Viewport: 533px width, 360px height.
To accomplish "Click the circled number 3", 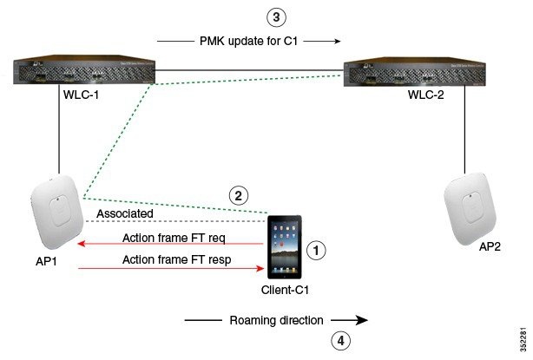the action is click(276, 17).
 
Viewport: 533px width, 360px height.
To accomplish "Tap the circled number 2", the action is click(238, 196).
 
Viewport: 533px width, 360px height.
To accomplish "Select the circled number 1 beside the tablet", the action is click(316, 251).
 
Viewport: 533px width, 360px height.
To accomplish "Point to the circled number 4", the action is click(340, 340).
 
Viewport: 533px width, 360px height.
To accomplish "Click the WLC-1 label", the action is click(81, 95).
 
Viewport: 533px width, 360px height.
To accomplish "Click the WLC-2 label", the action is click(426, 95).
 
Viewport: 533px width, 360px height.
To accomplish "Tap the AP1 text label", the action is click(46, 261).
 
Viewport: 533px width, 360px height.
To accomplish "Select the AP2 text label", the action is click(490, 246).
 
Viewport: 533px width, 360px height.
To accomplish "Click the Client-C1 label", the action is click(285, 290).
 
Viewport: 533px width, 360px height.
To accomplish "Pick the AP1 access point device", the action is click(56, 212).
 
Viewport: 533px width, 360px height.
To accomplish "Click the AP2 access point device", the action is click(470, 208).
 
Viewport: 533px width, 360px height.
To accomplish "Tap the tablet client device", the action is click(284, 247).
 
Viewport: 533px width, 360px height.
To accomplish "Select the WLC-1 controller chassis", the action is click(84, 69).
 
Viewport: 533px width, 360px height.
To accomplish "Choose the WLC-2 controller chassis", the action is click(415, 71).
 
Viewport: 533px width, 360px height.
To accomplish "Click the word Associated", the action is click(125, 213).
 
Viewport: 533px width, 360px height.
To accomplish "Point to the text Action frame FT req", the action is click(174, 238).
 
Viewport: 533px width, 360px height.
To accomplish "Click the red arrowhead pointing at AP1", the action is click(81, 244).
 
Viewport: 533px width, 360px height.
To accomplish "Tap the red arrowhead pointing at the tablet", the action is click(260, 269).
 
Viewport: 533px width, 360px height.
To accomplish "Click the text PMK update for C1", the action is click(248, 41).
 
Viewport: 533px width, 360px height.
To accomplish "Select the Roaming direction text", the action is click(276, 320).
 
